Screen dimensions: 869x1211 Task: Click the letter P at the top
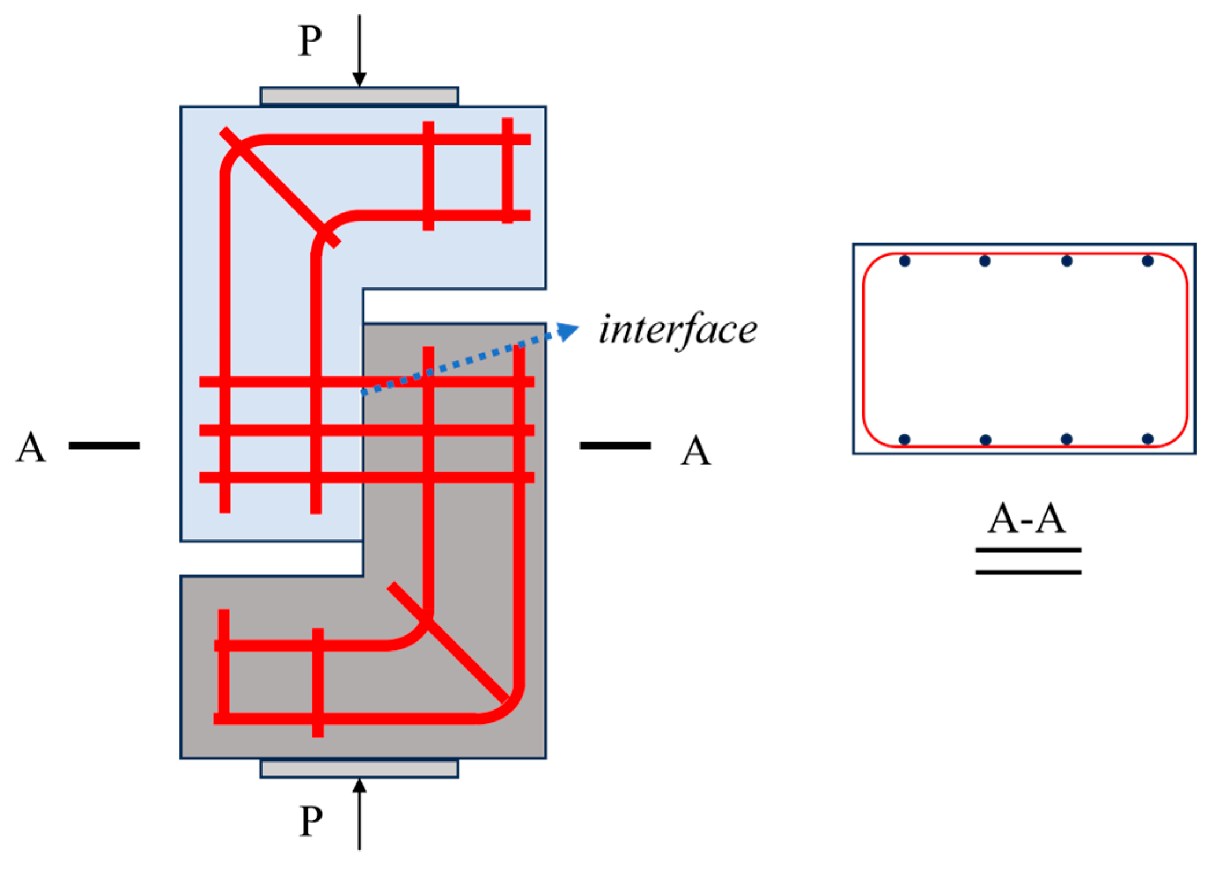click(x=310, y=41)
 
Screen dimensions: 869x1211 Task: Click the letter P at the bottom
click(x=311, y=820)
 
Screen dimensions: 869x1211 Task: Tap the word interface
click(x=678, y=330)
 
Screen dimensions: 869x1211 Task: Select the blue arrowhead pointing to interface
click(x=569, y=331)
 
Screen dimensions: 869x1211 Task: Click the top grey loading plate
click(x=359, y=96)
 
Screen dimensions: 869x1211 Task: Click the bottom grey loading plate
click(x=359, y=769)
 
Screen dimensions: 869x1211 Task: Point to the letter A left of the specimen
click(x=31, y=448)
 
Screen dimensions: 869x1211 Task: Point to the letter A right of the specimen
click(x=695, y=450)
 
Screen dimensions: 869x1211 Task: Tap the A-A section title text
click(x=1027, y=518)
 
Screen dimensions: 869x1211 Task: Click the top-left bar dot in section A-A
click(x=905, y=261)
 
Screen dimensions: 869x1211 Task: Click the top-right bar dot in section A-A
click(x=1148, y=261)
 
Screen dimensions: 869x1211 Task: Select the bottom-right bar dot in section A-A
click(x=1148, y=439)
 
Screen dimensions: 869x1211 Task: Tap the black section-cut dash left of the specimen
click(x=104, y=445)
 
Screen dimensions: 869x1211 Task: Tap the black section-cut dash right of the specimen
click(x=615, y=445)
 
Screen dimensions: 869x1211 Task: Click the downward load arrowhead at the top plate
click(x=359, y=79)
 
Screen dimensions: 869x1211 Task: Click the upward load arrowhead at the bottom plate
click(x=359, y=786)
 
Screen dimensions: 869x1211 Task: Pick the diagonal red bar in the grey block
click(x=449, y=642)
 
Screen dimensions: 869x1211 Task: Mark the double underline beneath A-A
click(x=1028, y=561)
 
